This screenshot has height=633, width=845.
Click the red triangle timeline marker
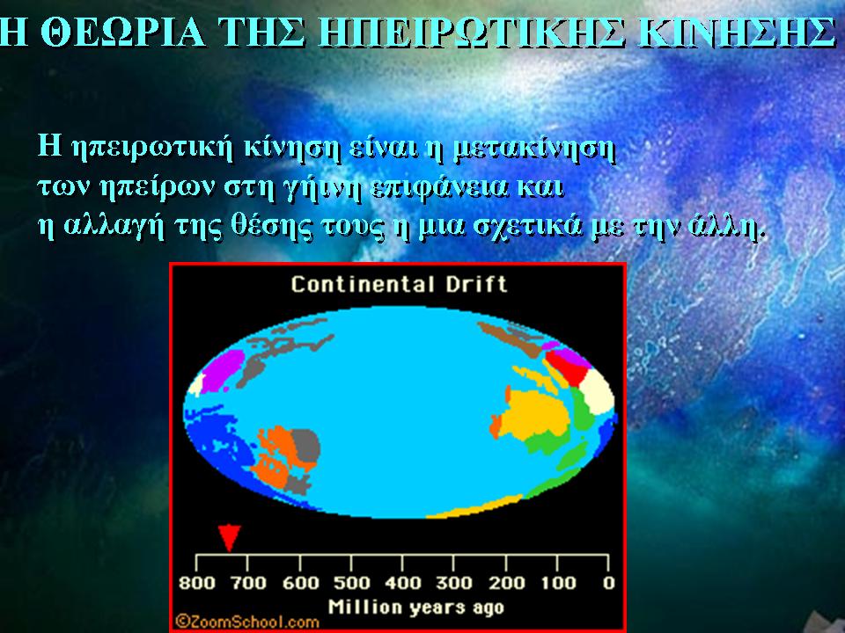click(x=229, y=537)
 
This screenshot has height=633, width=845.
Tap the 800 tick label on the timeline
click(x=196, y=583)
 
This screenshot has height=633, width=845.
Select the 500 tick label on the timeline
click(x=351, y=583)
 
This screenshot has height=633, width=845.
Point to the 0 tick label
click(x=608, y=583)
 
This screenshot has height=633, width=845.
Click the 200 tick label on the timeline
click(x=506, y=583)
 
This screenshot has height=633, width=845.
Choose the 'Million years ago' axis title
click(x=416, y=608)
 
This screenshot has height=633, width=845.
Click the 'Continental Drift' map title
click(x=400, y=284)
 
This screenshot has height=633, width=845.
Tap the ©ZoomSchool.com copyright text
click(x=246, y=622)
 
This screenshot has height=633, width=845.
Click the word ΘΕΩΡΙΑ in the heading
click(x=122, y=33)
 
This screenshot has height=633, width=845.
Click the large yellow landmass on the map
click(x=533, y=413)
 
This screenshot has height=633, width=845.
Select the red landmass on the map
click(x=566, y=366)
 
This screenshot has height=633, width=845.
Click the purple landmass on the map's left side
click(x=222, y=369)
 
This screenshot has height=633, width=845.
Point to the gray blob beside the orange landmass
click(x=305, y=446)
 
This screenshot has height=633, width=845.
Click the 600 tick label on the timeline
click(x=300, y=583)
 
